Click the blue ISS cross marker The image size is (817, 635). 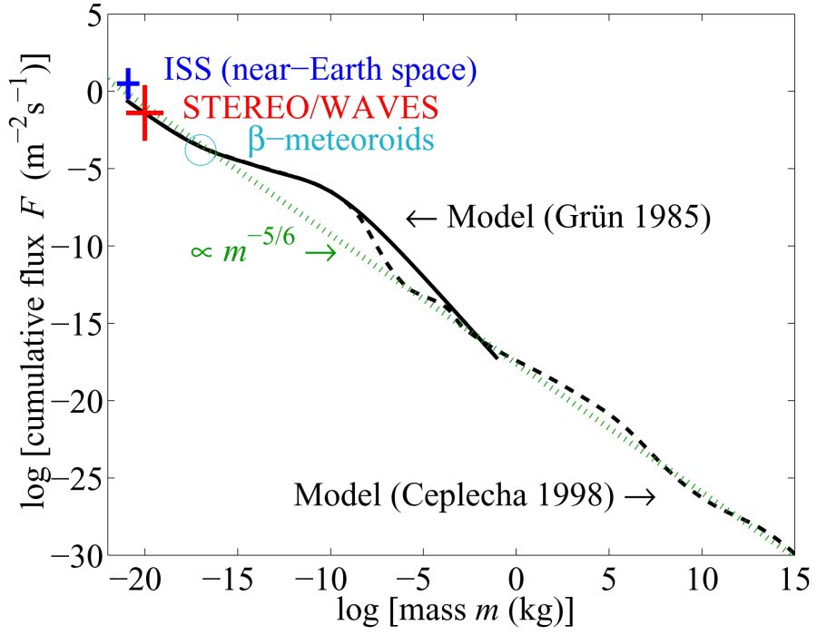(129, 83)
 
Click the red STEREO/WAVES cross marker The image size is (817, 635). (144, 113)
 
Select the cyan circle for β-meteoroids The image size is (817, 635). (201, 150)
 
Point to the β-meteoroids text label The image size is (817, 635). (340, 142)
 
